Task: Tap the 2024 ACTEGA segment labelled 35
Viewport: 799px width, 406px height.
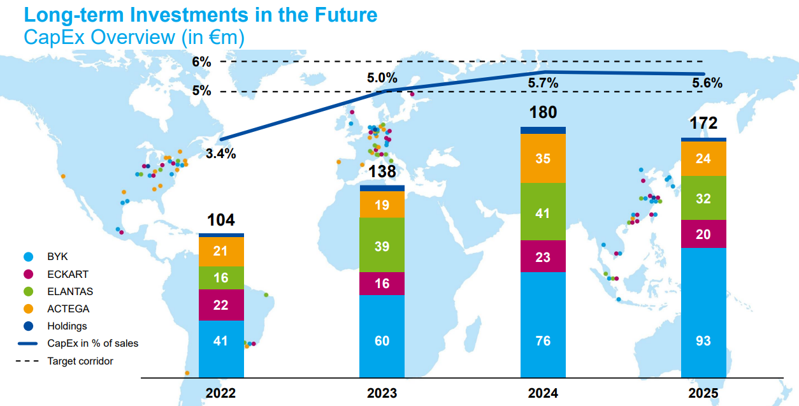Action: pyautogui.click(x=543, y=159)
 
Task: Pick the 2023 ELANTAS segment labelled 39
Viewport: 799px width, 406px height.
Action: pyautogui.click(x=382, y=245)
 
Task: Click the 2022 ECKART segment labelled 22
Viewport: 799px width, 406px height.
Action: pyautogui.click(x=221, y=305)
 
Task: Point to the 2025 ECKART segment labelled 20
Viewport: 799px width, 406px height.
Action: pyautogui.click(x=703, y=234)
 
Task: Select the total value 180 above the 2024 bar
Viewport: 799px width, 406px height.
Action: pyautogui.click(x=543, y=113)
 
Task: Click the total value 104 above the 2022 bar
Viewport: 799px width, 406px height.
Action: pyautogui.click(x=221, y=221)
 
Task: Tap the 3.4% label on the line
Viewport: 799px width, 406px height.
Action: pyautogui.click(x=221, y=154)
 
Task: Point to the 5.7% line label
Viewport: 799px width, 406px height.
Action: pyautogui.click(x=543, y=83)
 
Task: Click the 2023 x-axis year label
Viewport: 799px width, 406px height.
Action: pyautogui.click(x=382, y=393)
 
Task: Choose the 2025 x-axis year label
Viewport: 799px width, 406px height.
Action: pyautogui.click(x=703, y=393)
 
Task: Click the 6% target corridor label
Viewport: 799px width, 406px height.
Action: pyautogui.click(x=201, y=62)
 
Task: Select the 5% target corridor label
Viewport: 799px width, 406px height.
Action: pyautogui.click(x=201, y=91)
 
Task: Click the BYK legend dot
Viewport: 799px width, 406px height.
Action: pyautogui.click(x=27, y=257)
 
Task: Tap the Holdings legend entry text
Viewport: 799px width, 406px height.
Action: pyautogui.click(x=67, y=326)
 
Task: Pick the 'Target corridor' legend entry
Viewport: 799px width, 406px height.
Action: pyautogui.click(x=80, y=361)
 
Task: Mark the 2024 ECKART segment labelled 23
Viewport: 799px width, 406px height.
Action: pyautogui.click(x=543, y=257)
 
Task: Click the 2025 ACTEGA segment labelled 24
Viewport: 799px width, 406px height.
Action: pyautogui.click(x=703, y=159)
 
